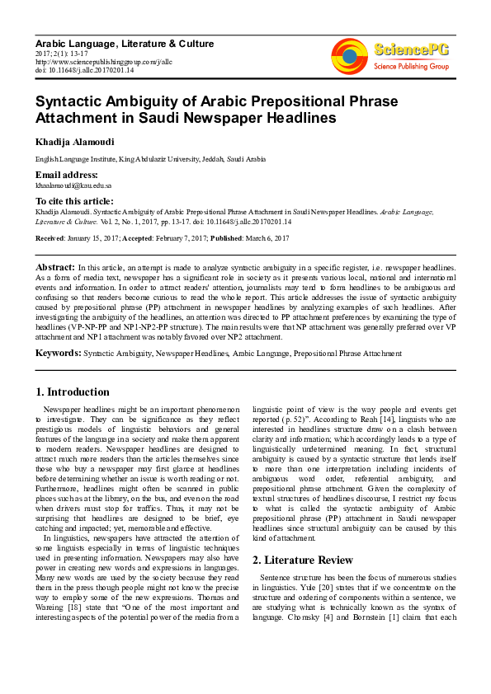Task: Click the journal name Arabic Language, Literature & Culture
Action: [124, 44]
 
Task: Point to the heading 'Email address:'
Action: [66, 175]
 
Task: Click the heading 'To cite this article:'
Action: [74, 201]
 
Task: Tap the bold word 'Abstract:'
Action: [54, 268]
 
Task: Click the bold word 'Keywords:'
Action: [58, 353]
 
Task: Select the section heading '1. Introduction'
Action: [73, 392]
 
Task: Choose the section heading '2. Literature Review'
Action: [302, 560]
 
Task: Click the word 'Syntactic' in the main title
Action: [70, 101]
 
